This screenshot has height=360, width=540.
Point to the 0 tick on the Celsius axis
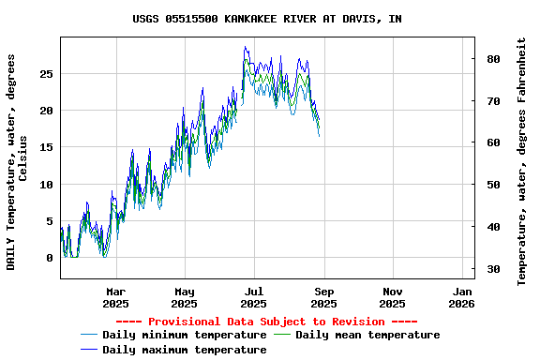tap(50, 258)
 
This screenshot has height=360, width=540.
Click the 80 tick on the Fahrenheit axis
tap(492, 58)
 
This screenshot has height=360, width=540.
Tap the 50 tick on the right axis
tap(492, 185)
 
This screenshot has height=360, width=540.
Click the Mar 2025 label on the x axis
tap(115, 297)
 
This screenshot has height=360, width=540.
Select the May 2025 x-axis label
tap(185, 297)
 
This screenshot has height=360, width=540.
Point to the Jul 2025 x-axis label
tap(254, 297)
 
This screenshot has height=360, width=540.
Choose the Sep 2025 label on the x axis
tap(323, 297)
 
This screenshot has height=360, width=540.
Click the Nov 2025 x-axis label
tap(393, 297)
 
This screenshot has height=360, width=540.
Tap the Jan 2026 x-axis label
tap(461, 297)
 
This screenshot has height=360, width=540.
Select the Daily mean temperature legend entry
tap(367, 335)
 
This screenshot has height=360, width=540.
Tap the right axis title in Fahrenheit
tap(522, 161)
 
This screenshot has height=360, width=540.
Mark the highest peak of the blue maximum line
tap(245, 46)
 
